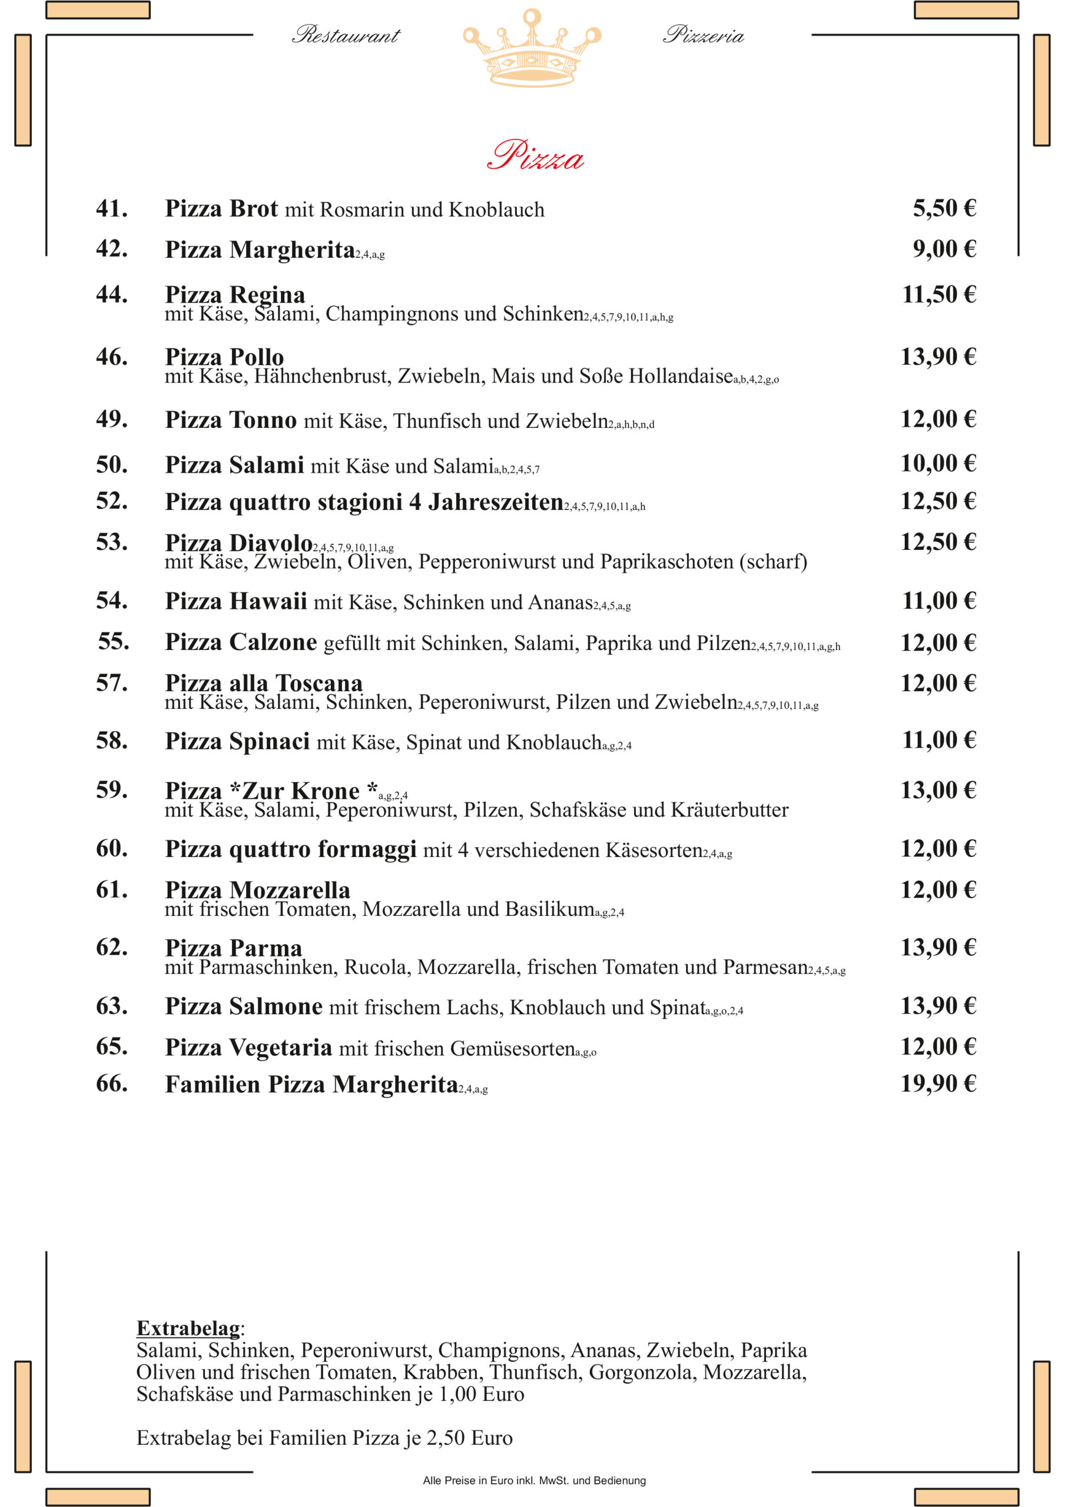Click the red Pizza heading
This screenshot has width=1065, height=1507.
coord(535,155)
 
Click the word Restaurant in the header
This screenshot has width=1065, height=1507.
coord(346,35)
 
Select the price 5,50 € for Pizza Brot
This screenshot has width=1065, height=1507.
coord(944,209)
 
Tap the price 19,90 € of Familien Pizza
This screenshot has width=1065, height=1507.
coord(938,1084)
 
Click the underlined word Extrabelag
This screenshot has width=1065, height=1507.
coord(188,1328)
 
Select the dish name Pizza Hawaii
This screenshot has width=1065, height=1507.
coord(235,601)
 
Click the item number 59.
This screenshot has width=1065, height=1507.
coord(112,789)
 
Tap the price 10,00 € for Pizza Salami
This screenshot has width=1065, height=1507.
coord(938,464)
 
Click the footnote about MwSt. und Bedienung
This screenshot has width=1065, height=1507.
coord(534,1480)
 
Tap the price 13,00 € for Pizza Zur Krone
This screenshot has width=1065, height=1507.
coord(938,790)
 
